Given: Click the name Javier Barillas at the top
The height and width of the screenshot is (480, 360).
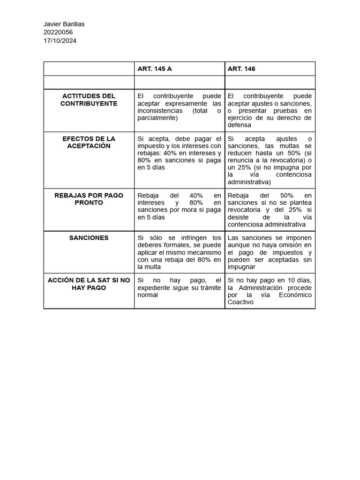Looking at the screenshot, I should click(64, 24).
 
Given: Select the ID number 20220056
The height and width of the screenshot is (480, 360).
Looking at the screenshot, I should click(58, 32).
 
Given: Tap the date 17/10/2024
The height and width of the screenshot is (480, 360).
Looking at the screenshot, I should click(60, 41).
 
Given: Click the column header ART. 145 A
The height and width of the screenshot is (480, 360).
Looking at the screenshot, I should click(154, 69).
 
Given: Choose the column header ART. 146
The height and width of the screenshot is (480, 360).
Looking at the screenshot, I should click(241, 69).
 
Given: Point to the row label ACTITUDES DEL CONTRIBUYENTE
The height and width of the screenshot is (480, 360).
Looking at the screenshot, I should click(89, 100).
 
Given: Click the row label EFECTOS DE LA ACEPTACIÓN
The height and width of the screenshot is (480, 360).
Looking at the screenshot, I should click(89, 142).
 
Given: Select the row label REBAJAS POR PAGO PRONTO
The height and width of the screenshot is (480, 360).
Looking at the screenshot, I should click(89, 199).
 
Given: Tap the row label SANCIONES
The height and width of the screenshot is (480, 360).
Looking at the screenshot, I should click(89, 238).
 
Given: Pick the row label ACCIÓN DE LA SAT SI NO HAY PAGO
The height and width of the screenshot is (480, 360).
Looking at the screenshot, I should click(89, 284).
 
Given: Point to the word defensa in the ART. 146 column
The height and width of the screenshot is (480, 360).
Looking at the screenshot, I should click(239, 125).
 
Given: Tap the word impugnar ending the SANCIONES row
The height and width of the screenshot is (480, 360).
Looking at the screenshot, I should click(241, 267).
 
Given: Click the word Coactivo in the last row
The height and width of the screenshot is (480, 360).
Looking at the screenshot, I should click(240, 302).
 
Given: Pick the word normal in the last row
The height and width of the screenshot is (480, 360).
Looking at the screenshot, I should click(148, 295).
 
